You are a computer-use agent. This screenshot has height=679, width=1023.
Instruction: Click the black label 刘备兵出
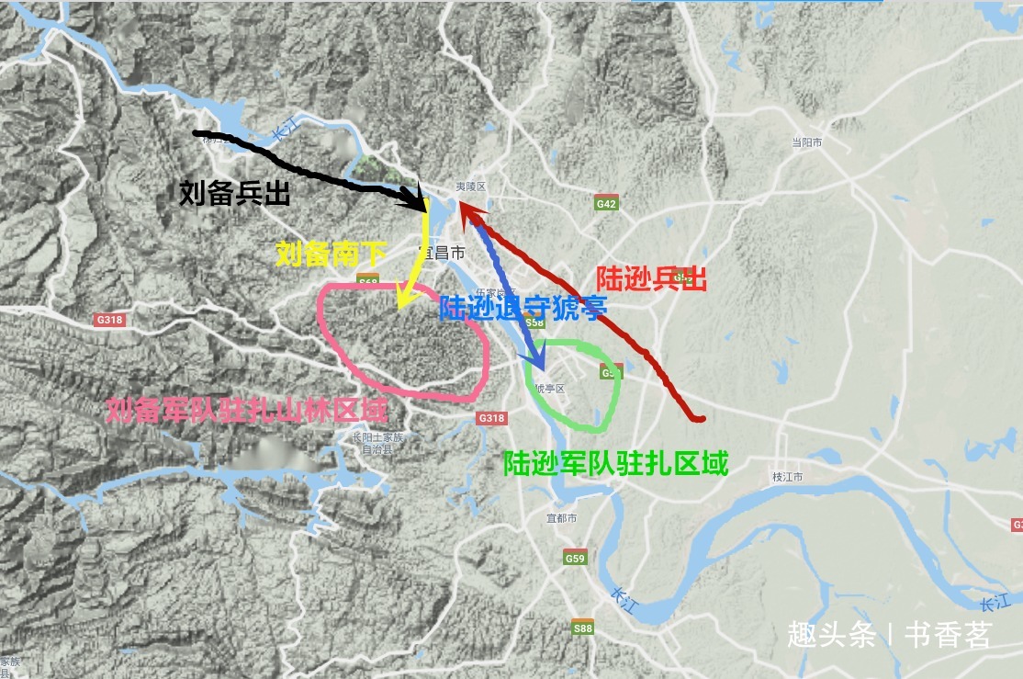[x=235, y=195]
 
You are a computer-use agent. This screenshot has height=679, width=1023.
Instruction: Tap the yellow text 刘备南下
[x=332, y=255]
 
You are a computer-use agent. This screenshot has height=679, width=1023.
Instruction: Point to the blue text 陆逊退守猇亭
[x=523, y=308]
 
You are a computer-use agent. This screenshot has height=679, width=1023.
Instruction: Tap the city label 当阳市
[x=806, y=142]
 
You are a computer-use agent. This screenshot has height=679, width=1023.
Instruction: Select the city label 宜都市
[x=561, y=519]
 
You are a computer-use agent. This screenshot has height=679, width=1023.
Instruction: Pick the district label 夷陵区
[x=470, y=187]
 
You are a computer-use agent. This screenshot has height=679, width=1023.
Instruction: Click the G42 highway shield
[x=606, y=204]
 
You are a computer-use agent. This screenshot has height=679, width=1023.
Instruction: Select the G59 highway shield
[x=575, y=558]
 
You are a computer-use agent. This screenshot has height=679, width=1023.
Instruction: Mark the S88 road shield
[x=583, y=628]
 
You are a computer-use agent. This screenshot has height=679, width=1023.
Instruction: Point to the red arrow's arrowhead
[x=465, y=211]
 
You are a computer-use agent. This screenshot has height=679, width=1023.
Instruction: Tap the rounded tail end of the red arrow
[x=701, y=419]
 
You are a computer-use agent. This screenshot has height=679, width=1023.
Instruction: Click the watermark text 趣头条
[x=831, y=636]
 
